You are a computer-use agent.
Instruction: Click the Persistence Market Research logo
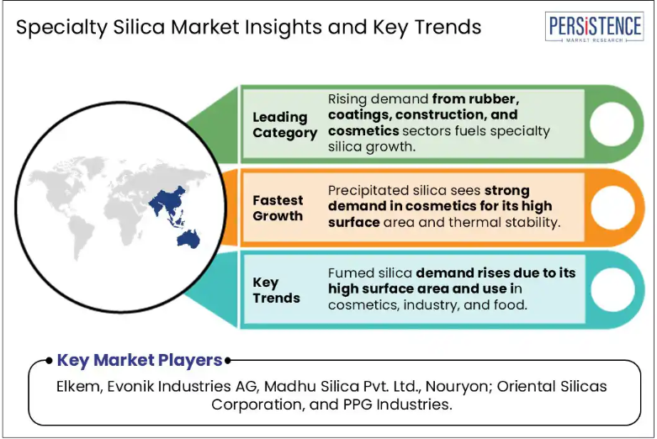click(594, 27)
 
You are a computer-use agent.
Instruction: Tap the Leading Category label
click(284, 124)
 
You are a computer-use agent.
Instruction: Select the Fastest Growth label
click(278, 208)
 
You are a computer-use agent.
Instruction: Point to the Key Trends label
click(276, 290)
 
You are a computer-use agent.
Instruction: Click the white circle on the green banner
click(612, 124)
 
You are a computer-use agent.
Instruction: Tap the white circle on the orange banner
click(612, 208)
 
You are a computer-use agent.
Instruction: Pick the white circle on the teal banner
click(612, 289)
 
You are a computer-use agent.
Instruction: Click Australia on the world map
click(188, 239)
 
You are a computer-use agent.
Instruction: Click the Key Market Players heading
click(140, 360)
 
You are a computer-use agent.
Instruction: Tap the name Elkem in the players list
click(77, 386)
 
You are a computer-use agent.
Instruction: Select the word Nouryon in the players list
click(458, 387)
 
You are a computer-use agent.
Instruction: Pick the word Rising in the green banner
click(347, 100)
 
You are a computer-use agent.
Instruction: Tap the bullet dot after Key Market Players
click(227, 360)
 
